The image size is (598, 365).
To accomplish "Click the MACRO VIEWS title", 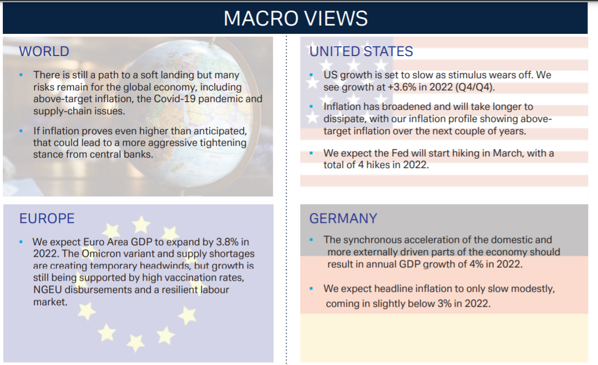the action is (296, 18).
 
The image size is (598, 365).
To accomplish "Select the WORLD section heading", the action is (44, 52).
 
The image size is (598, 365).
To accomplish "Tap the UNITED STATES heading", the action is (361, 52).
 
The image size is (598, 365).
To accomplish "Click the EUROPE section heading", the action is (47, 219).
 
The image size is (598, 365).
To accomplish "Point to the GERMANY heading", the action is (343, 219).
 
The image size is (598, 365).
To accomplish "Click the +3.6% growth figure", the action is (402, 87).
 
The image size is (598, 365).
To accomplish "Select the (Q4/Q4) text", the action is (475, 87).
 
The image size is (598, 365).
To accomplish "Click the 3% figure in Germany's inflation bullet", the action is (444, 303).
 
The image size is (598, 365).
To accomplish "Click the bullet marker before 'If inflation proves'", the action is (21, 131).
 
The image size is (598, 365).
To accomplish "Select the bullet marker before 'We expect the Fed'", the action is (311, 153).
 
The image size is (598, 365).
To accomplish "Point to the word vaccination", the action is (173, 278).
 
